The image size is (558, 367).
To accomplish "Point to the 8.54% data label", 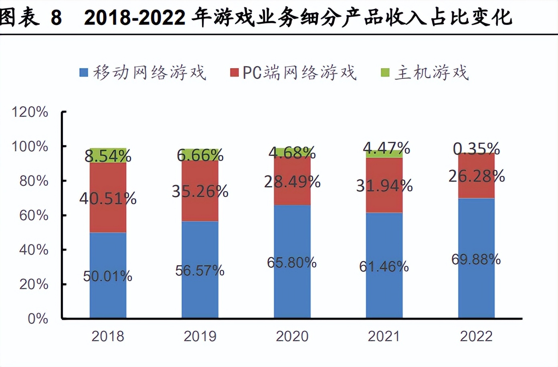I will click(x=108, y=156).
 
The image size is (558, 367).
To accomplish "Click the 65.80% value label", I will click(x=292, y=262).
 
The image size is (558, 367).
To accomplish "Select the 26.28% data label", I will click(x=476, y=176).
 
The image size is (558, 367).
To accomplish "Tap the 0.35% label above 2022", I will click(x=476, y=149).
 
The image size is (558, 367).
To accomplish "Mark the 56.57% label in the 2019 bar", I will click(x=200, y=270).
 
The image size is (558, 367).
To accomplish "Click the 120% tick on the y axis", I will click(x=30, y=112).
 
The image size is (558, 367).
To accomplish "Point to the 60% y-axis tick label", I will click(x=34, y=216).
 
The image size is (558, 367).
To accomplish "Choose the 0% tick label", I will click(x=38, y=319).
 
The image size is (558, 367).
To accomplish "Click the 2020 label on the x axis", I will click(x=292, y=336).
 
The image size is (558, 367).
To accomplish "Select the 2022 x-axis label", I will click(x=476, y=336).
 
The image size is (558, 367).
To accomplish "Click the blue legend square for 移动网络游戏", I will click(x=83, y=73).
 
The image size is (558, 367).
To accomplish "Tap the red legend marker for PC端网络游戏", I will click(x=234, y=73).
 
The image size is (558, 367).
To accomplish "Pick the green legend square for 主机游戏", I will click(x=385, y=73).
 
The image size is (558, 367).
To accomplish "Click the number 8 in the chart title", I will click(x=56, y=18).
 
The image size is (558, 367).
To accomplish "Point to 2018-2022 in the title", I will click(x=135, y=18).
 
